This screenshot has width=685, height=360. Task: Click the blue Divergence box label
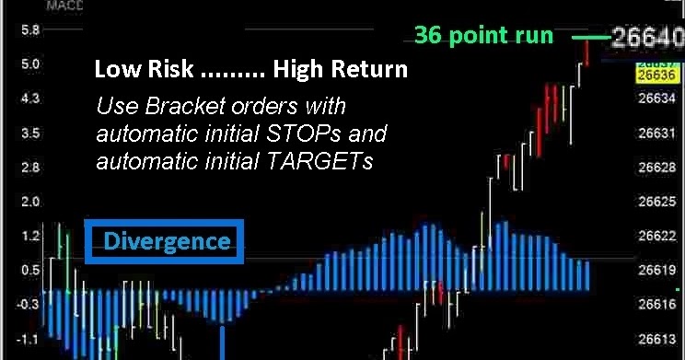coord(165,242)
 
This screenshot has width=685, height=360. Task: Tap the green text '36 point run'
coord(483,36)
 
